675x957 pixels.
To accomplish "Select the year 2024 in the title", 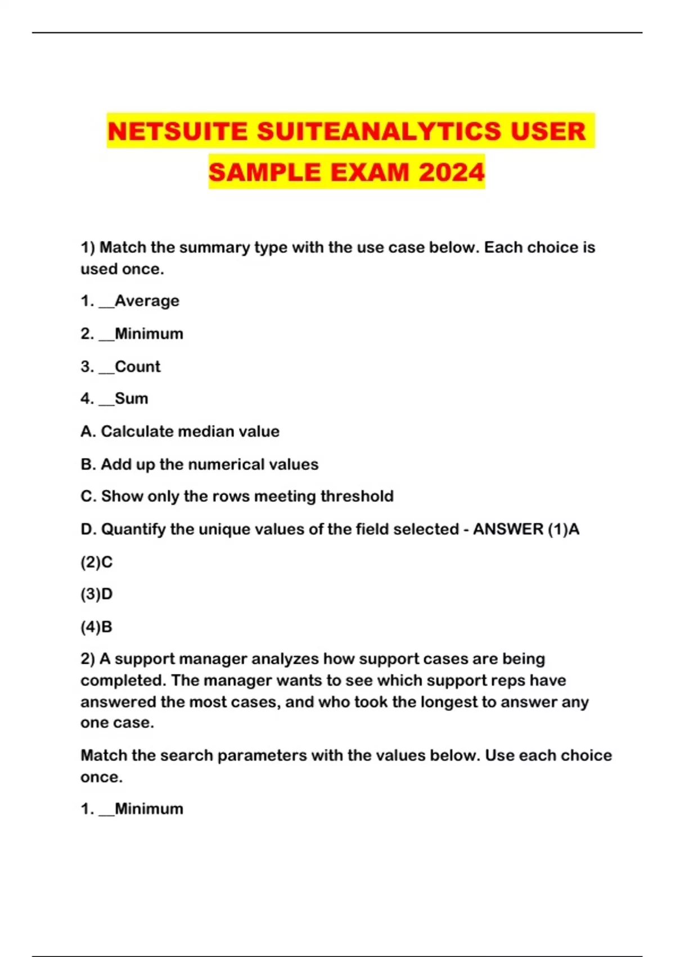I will coord(451,172).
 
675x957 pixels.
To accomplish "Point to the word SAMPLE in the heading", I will coord(265,172).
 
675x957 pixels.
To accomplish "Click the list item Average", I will coord(147,301).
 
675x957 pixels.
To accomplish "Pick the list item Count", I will coord(137,366).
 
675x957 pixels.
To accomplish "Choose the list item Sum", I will coord(131,399).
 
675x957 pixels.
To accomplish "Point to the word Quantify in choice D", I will coord(133,529).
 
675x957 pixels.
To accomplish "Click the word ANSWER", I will coord(508,529).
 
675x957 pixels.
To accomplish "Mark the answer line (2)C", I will coord(96,562).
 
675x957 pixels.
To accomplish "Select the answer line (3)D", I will coord(96,594).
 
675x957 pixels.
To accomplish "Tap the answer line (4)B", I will coord(96,627).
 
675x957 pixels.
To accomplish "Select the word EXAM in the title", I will coord(370,172).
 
